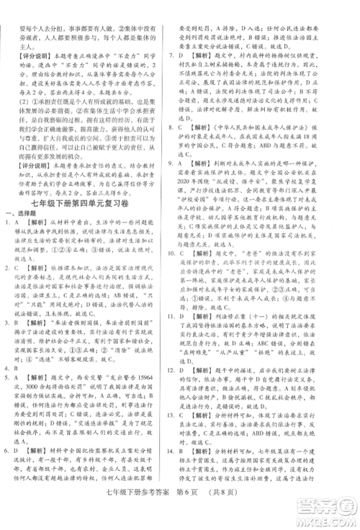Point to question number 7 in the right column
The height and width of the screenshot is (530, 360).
click(x=186, y=54)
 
